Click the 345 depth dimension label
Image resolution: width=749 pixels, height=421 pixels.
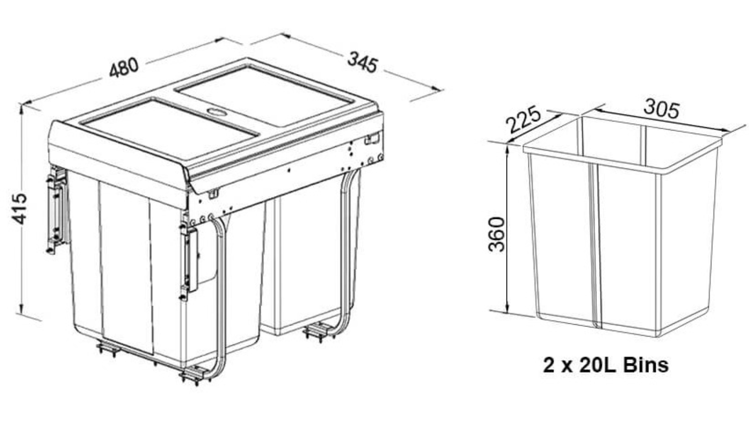362,62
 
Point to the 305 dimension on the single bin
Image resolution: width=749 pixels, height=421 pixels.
661,109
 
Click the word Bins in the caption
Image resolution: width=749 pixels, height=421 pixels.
646,365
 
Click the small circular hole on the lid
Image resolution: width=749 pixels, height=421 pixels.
216,112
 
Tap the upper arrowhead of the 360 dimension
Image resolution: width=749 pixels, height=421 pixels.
507,147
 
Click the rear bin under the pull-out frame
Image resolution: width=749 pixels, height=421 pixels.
309,262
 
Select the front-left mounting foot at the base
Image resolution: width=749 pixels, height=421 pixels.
109,348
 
